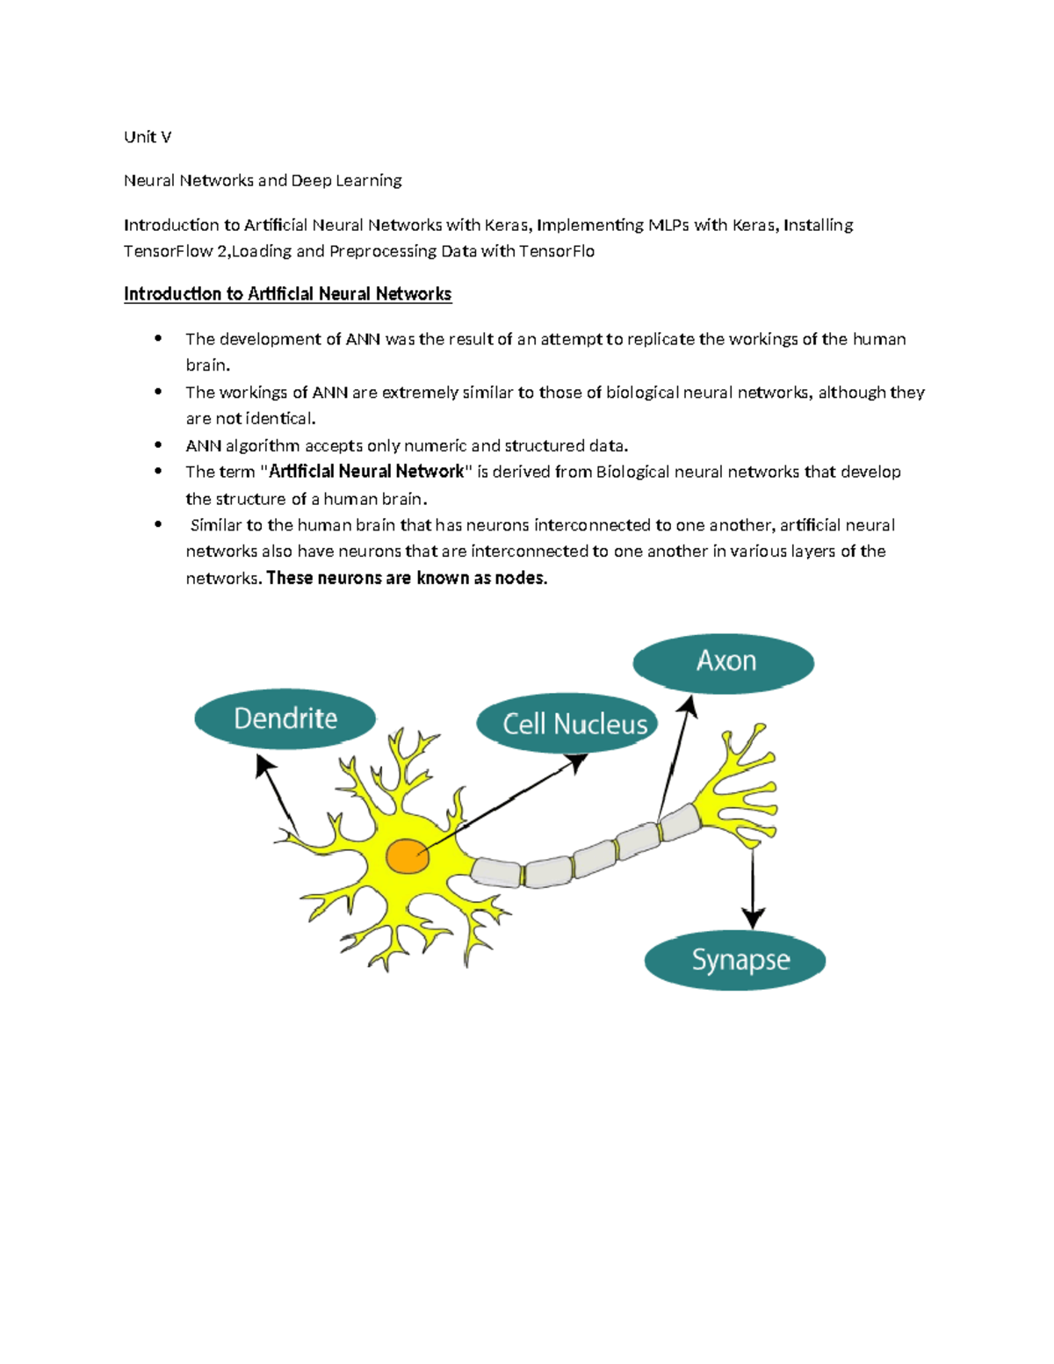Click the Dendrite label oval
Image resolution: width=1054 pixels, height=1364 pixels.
click(x=285, y=718)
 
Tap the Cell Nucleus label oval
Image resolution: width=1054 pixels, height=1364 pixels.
click(x=568, y=723)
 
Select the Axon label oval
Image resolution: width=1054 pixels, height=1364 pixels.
click(x=724, y=662)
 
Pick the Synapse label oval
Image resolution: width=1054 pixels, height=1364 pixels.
click(x=735, y=960)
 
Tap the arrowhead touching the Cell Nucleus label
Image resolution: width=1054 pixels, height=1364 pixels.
click(x=579, y=761)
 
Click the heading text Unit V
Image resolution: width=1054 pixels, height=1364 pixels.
click(x=148, y=137)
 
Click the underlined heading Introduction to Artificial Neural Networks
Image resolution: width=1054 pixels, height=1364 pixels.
click(x=287, y=294)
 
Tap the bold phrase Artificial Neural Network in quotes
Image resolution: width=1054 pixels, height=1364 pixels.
click(x=366, y=472)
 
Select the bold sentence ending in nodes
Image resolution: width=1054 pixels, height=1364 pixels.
click(x=407, y=578)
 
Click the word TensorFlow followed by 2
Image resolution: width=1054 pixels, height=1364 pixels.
click(x=168, y=251)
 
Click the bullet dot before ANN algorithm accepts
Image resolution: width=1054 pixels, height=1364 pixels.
click(x=158, y=445)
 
